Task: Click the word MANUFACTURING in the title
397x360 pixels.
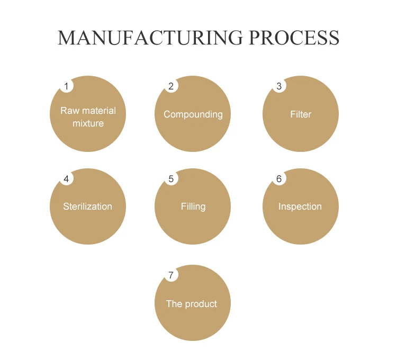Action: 150,38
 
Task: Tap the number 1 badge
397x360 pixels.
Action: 66,86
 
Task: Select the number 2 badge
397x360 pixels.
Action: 171,86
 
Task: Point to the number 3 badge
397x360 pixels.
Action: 279,86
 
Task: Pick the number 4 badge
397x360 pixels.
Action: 66,179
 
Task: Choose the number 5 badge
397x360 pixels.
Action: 171,179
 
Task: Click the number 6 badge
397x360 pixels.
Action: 279,179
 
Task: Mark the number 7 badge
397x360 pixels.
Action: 171,275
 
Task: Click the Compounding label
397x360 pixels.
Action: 193,114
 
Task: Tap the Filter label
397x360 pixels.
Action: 301,114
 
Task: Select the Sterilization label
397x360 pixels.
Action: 88,206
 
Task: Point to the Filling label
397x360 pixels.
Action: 193,206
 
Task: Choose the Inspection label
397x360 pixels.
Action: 300,206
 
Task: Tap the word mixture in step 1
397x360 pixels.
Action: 88,123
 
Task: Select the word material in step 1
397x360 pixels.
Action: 98,111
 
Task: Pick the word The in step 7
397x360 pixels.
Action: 174,304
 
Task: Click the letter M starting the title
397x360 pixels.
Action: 67,38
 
